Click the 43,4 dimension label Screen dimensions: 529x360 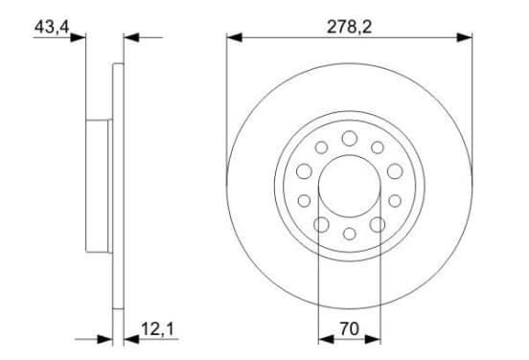(x=52, y=27)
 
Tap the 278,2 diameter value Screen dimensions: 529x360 (x=349, y=27)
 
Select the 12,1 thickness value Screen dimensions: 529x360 (x=157, y=329)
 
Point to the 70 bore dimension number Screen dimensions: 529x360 (x=350, y=329)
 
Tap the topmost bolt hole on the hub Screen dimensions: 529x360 (x=350, y=138)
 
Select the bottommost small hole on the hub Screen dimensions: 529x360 (x=350, y=234)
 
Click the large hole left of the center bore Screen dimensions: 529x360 (x=304, y=171)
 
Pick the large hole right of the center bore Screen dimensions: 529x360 (x=395, y=171)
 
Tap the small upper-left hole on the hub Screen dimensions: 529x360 (x=321, y=147)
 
